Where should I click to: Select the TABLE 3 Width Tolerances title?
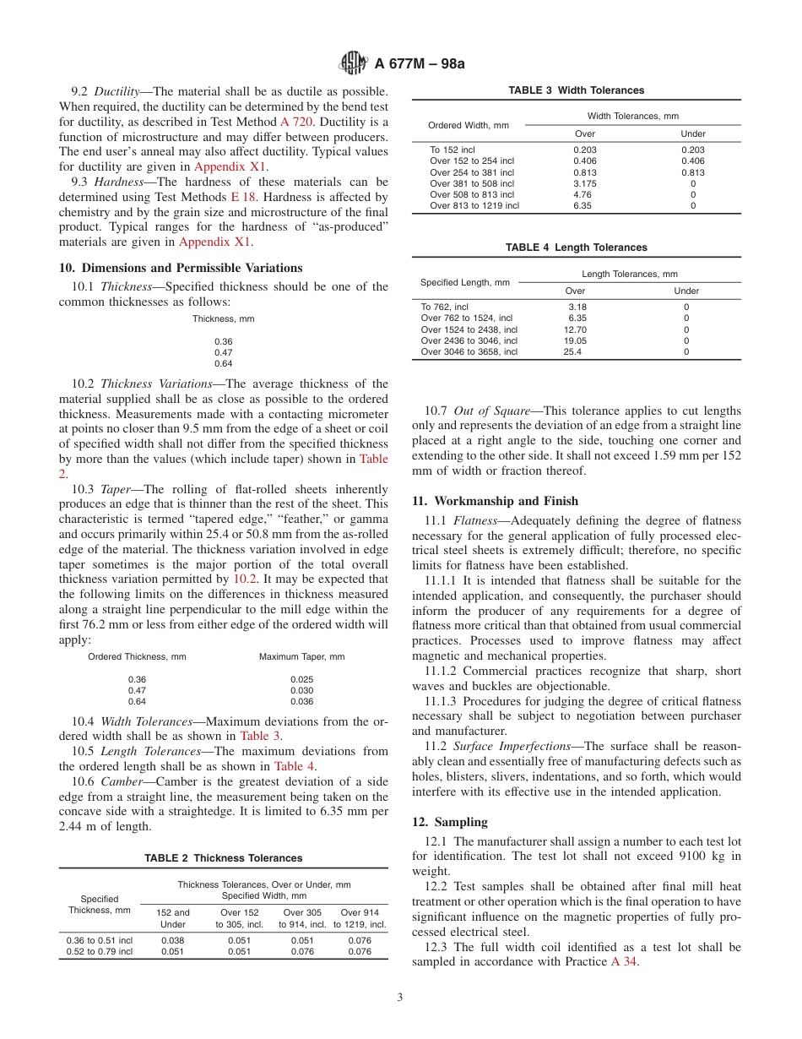(576, 90)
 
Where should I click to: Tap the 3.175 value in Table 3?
(585, 183)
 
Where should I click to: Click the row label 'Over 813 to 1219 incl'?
(474, 205)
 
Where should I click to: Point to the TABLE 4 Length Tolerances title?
(576, 248)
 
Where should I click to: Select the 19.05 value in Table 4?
(574, 340)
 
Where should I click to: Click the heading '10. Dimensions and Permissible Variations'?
(181, 269)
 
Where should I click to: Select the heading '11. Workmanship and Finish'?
(495, 501)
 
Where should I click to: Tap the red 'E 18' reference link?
(242, 198)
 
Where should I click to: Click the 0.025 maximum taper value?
(301, 679)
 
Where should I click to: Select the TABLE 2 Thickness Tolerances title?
(223, 858)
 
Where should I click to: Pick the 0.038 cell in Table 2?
(173, 939)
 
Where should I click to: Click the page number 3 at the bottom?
(400, 998)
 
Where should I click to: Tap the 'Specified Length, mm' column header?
(465, 282)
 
